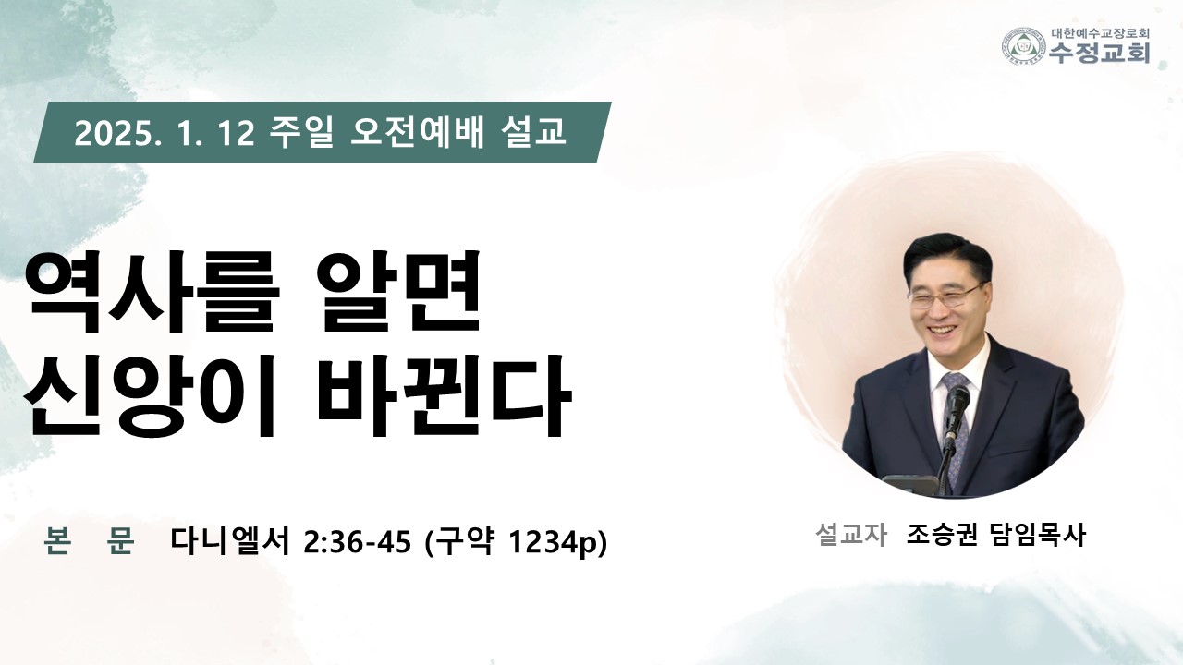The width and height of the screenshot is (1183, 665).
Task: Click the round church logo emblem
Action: point(1024,46)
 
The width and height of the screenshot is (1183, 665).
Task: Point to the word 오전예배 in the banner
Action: point(417,132)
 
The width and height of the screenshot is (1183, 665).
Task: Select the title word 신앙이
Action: point(151,396)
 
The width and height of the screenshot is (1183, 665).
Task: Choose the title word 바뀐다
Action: point(445,396)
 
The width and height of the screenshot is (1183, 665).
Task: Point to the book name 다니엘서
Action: point(230,541)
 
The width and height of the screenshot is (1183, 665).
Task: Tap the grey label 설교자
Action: point(850,534)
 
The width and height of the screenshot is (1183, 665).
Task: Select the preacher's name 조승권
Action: point(942,534)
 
